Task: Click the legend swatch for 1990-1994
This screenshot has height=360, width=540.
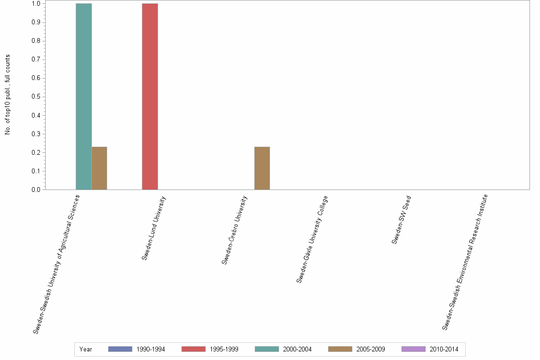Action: coord(120,349)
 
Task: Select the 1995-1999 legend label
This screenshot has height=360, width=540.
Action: coord(224,349)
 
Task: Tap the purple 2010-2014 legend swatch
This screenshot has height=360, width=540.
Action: coord(413,349)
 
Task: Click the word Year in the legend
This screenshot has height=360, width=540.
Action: coord(86,349)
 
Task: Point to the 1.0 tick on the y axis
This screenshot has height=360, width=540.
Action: coord(36,4)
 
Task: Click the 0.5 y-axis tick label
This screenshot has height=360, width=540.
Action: coord(36,97)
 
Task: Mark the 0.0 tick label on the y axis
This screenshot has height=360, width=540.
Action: coord(36,190)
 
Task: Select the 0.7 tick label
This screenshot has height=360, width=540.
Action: coord(36,60)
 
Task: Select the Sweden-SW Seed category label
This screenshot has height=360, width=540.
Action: coord(401,219)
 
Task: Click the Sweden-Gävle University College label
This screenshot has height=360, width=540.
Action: coord(312,239)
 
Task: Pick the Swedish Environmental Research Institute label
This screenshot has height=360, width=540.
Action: coord(465,262)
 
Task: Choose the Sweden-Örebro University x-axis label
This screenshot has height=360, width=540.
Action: coord(235,230)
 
